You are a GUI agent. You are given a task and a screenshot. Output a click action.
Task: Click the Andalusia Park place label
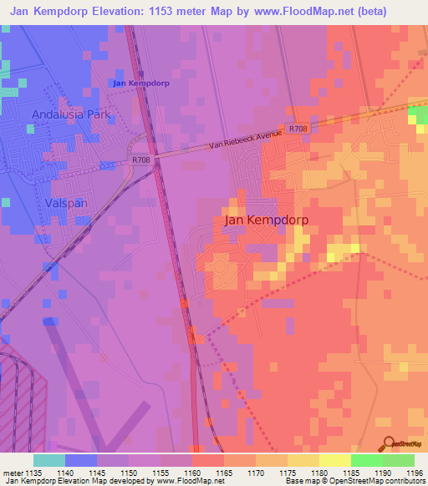pyautogui.click(x=71, y=114)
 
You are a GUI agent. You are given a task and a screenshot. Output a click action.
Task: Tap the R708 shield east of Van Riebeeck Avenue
pyautogui.click(x=298, y=129)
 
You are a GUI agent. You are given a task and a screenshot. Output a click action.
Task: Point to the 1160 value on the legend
pyautogui.click(x=191, y=473)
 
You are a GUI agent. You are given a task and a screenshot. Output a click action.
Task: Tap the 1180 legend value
pyautogui.click(x=318, y=473)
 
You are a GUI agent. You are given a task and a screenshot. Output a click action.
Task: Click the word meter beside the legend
pyautogui.click(x=11, y=473)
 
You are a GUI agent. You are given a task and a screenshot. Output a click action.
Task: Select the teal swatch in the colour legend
pyautogui.click(x=49, y=460)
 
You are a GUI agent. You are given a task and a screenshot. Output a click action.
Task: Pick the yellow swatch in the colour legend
pyautogui.click(x=334, y=460)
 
